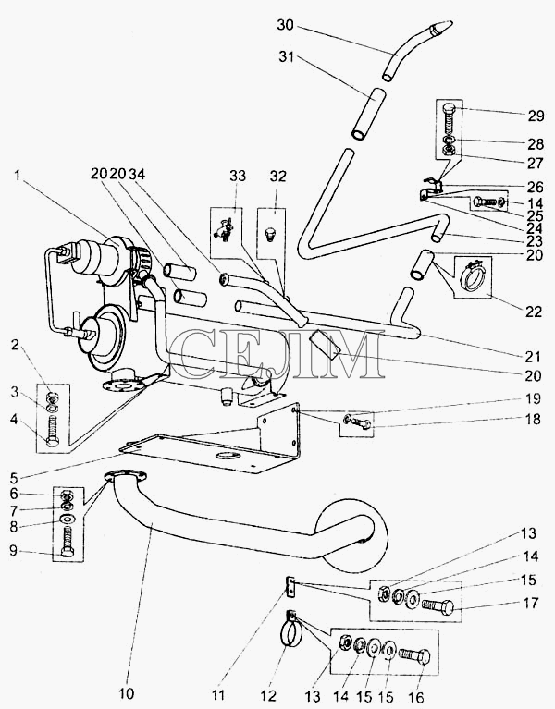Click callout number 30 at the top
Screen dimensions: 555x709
(x=286, y=25)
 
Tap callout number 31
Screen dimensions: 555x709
(x=287, y=57)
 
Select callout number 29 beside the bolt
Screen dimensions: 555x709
(x=535, y=116)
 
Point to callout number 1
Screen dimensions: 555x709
(x=18, y=175)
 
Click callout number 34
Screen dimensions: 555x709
(x=137, y=174)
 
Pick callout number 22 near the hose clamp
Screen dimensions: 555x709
(x=534, y=312)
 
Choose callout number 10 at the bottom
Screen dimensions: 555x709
(x=127, y=692)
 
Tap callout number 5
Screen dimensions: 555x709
(x=14, y=478)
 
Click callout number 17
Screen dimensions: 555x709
(x=531, y=604)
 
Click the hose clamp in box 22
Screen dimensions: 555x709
(x=473, y=273)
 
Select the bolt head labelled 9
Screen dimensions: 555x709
(x=68, y=552)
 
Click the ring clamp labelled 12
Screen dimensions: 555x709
(x=288, y=631)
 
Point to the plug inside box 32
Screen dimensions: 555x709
(x=268, y=235)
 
